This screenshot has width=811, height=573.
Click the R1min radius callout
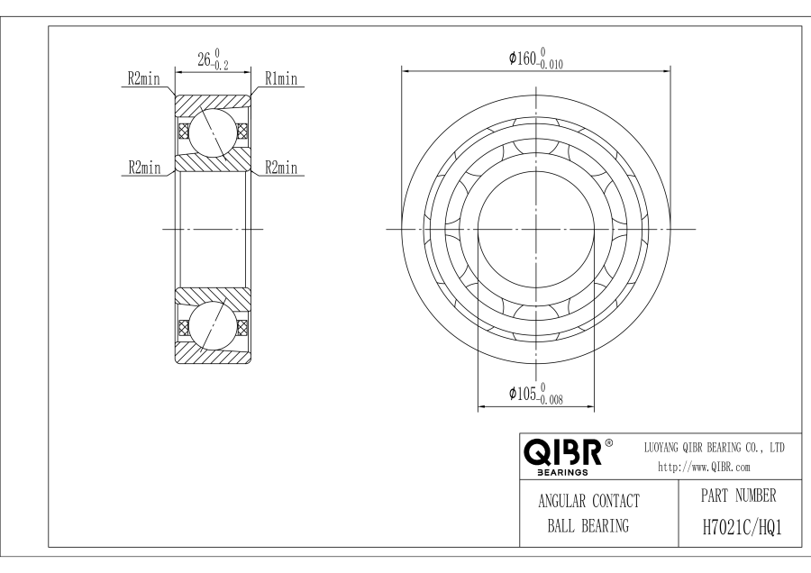[280, 80]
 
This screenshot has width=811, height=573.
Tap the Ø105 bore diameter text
[524, 394]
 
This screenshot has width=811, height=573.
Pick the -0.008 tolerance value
[551, 400]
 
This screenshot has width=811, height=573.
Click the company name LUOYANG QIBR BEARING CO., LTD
[715, 447]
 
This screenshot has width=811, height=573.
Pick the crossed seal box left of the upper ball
[184, 132]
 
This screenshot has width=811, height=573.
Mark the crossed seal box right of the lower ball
[241, 326]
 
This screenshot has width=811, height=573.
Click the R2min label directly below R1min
[281, 168]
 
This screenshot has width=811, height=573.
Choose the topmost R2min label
[141, 80]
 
